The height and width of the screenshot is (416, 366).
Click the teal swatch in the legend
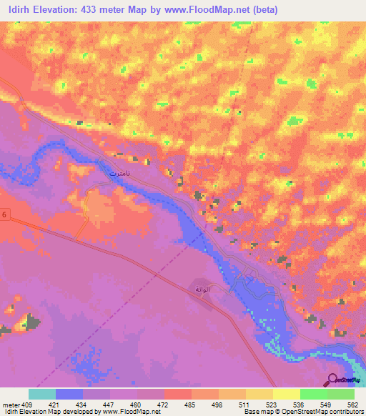point(42,394)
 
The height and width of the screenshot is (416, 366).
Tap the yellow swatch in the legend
point(286,394)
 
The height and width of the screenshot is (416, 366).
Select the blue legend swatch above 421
point(69,394)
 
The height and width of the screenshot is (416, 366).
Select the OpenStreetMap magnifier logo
point(332,380)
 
